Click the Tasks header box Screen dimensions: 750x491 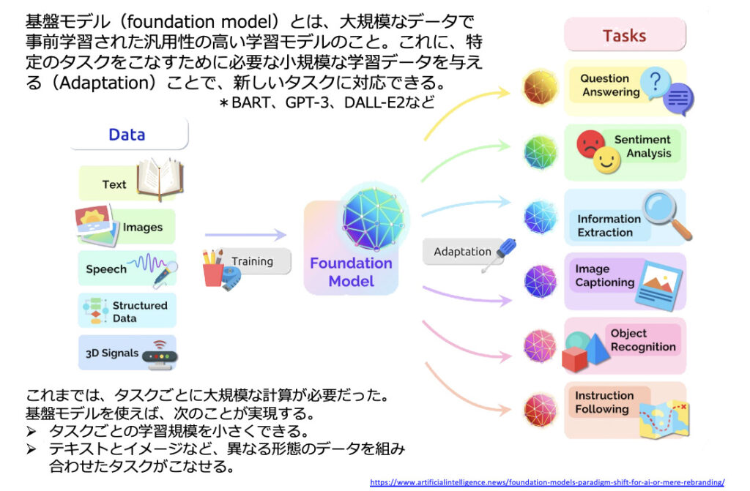[625, 35]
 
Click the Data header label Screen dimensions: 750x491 [127, 135]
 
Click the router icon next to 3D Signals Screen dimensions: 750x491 [160, 355]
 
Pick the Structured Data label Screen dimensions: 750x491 [140, 312]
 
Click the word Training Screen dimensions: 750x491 [252, 261]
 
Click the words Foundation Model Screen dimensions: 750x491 [351, 271]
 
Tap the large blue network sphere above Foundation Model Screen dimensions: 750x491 [374, 218]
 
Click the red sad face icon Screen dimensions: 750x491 [590, 144]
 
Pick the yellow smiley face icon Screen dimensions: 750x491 [606, 160]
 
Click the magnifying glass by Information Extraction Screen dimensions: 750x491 [667, 214]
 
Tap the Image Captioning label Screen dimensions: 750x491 [604, 275]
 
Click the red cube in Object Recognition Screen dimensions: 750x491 [574, 359]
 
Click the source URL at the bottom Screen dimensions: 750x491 [547, 482]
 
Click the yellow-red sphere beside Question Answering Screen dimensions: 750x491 [541, 87]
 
